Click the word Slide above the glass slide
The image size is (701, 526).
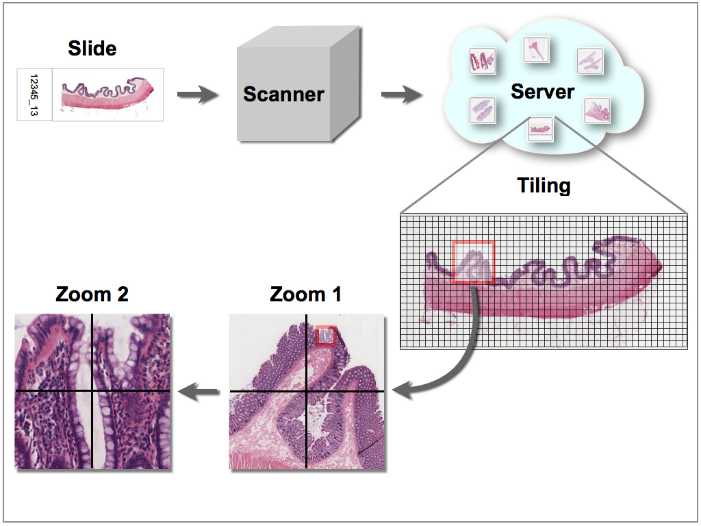(x=92, y=49)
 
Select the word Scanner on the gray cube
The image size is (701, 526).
(x=283, y=94)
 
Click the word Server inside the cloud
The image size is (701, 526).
(x=542, y=91)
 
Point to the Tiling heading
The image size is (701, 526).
(x=544, y=186)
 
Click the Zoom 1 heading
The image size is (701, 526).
(x=305, y=295)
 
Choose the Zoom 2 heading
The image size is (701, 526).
(x=92, y=295)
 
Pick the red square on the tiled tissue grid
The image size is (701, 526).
(x=473, y=262)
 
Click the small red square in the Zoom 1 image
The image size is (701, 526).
(x=327, y=336)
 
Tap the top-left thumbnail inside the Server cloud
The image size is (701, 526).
(x=482, y=62)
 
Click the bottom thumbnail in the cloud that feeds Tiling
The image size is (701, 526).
(x=541, y=129)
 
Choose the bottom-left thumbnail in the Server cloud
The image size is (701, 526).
(x=482, y=110)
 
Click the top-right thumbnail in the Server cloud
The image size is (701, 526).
(x=590, y=62)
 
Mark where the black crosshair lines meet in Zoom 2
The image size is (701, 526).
(x=92, y=391)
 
